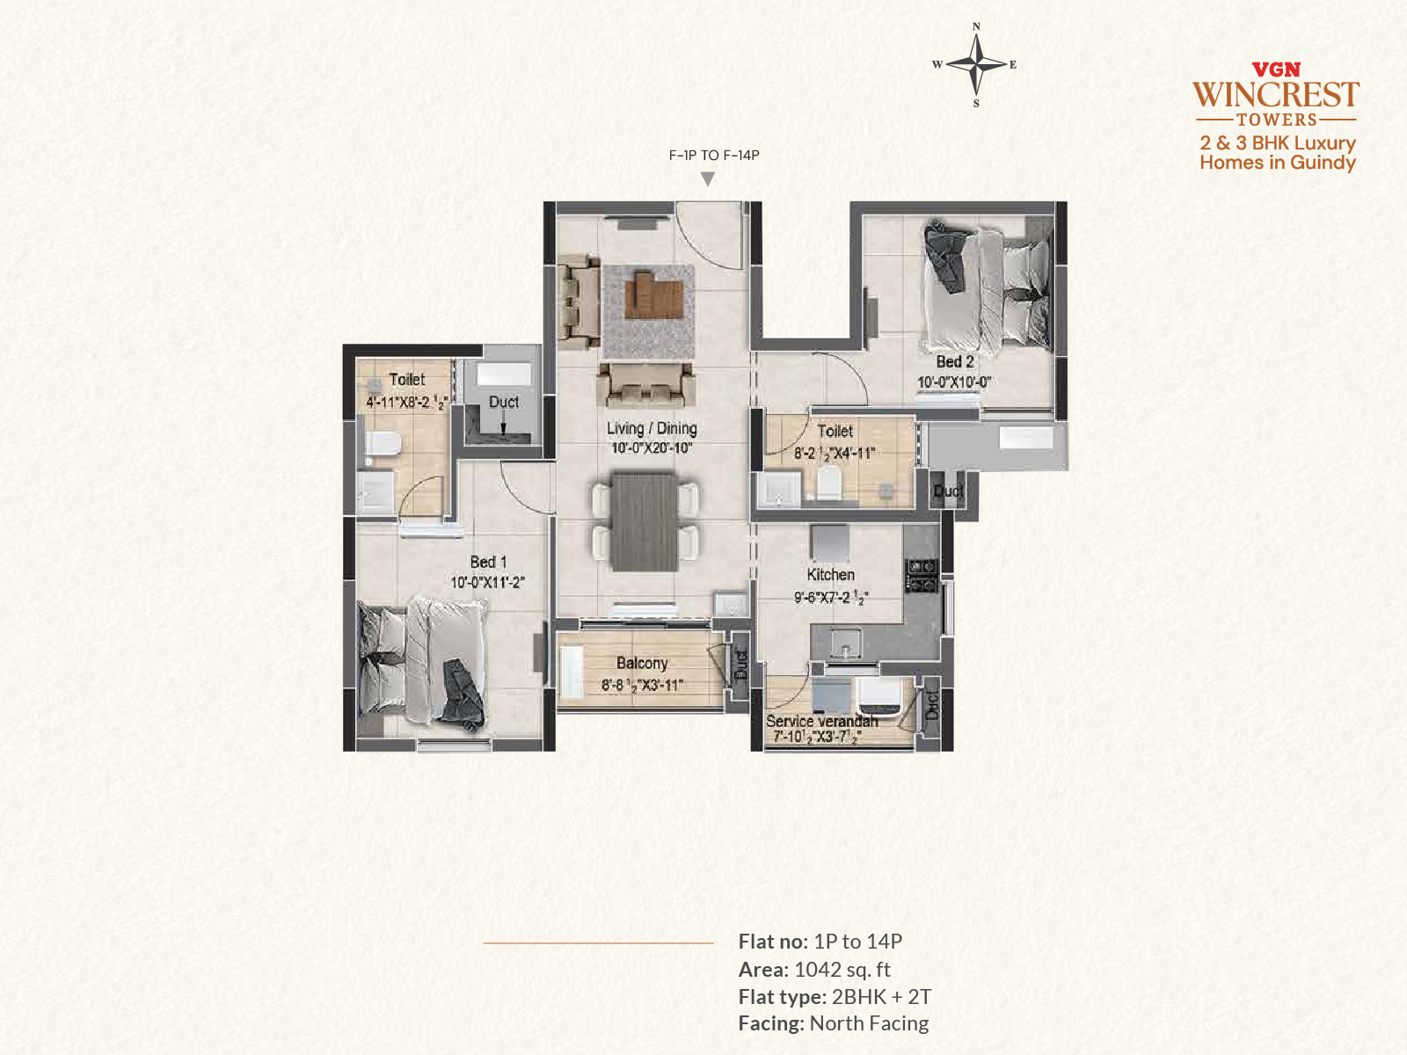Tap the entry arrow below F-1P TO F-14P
708,178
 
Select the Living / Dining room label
652,428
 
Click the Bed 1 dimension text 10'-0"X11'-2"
488,582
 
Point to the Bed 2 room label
954,362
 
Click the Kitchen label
831,575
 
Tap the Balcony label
642,663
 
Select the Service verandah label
821,721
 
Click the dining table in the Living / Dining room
645,520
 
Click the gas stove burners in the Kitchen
921,575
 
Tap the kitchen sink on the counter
845,643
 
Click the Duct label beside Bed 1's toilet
504,403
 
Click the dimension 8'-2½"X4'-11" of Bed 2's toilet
835,454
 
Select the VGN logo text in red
1276,69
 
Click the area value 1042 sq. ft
842,969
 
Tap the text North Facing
869,1023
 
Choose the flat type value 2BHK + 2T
881,997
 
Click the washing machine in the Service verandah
879,695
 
